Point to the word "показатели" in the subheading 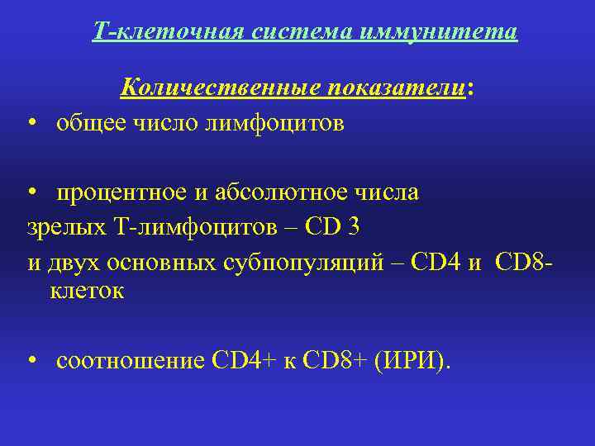(393, 88)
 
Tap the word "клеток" (87, 291)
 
